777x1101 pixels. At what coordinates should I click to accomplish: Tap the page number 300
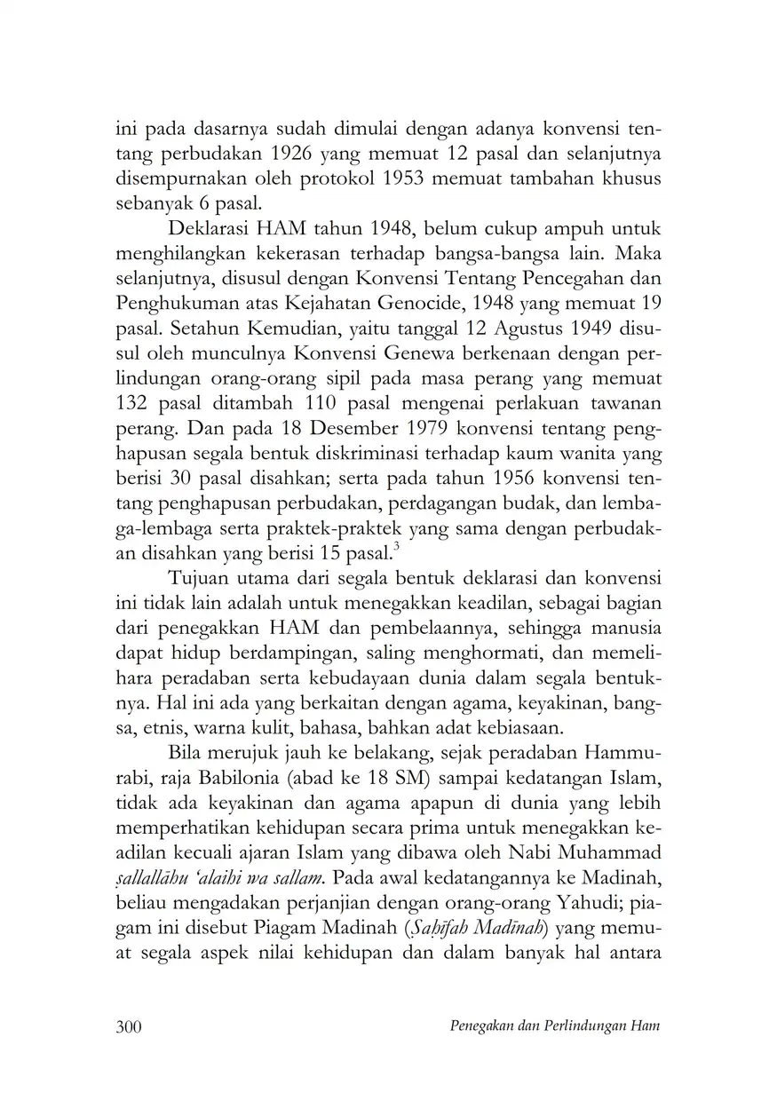(x=130, y=1026)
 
